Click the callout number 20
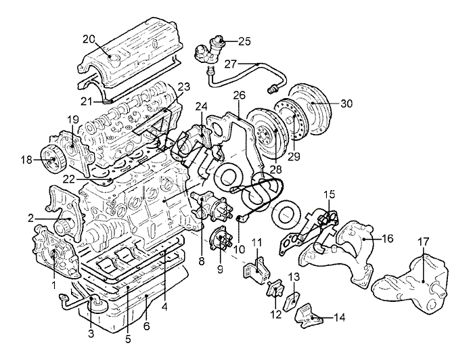click(89, 40)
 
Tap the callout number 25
click(244, 41)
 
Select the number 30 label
click(346, 104)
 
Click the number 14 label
click(339, 317)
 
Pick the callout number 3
click(91, 334)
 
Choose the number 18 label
click(26, 160)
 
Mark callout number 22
click(70, 179)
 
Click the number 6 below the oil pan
click(147, 326)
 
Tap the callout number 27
click(231, 64)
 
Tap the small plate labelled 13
click(291, 298)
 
